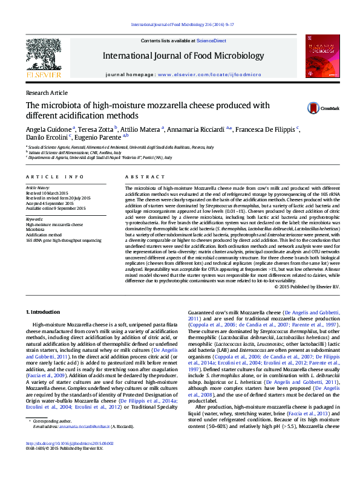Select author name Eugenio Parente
100,137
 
